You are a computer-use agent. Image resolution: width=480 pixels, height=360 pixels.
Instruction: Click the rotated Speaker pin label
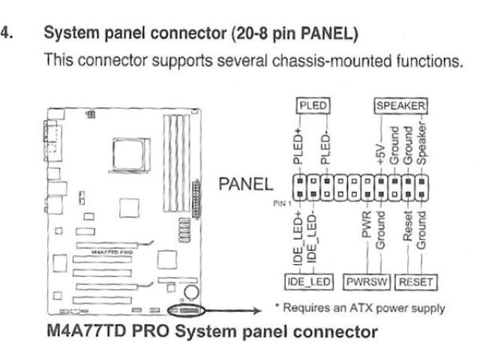click(424, 146)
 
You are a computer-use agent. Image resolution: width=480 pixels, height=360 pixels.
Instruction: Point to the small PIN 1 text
click(280, 201)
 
